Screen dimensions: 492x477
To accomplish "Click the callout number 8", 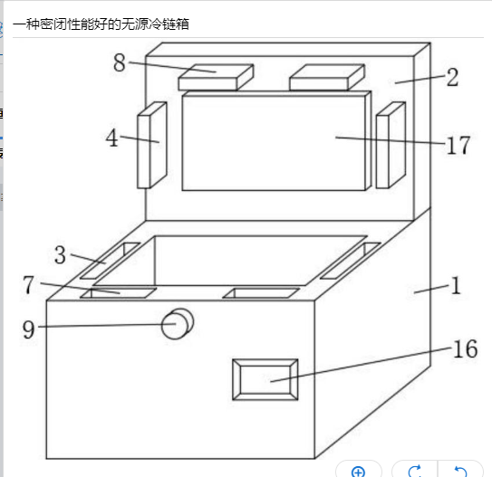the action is click(120, 62).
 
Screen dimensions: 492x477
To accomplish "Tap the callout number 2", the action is click(452, 77).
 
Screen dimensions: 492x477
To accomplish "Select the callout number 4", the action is click(112, 138).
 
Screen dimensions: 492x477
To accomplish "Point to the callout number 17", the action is click(458, 146).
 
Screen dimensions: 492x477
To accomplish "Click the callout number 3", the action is click(60, 255).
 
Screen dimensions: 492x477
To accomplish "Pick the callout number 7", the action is click(29, 285).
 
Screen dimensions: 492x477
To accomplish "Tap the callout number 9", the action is click(28, 329).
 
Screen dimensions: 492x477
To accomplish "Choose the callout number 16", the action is click(466, 348).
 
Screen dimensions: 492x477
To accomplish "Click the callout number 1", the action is click(456, 285).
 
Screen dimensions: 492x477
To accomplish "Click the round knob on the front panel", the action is click(178, 324).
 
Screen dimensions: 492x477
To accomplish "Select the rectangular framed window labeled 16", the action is click(265, 380).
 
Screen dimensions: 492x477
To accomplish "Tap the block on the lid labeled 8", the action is click(216, 78).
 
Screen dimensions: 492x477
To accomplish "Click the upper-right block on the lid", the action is click(327, 78).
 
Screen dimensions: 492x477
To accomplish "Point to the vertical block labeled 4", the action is click(152, 146).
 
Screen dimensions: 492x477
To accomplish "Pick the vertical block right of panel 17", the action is click(391, 146).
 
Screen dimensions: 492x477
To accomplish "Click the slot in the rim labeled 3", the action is click(110, 261).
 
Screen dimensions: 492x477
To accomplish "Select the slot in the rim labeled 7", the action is click(119, 293).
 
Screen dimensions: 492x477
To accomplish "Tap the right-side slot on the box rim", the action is click(351, 261).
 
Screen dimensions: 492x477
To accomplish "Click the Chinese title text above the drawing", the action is click(101, 24).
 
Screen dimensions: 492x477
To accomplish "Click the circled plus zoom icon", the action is click(358, 472).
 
